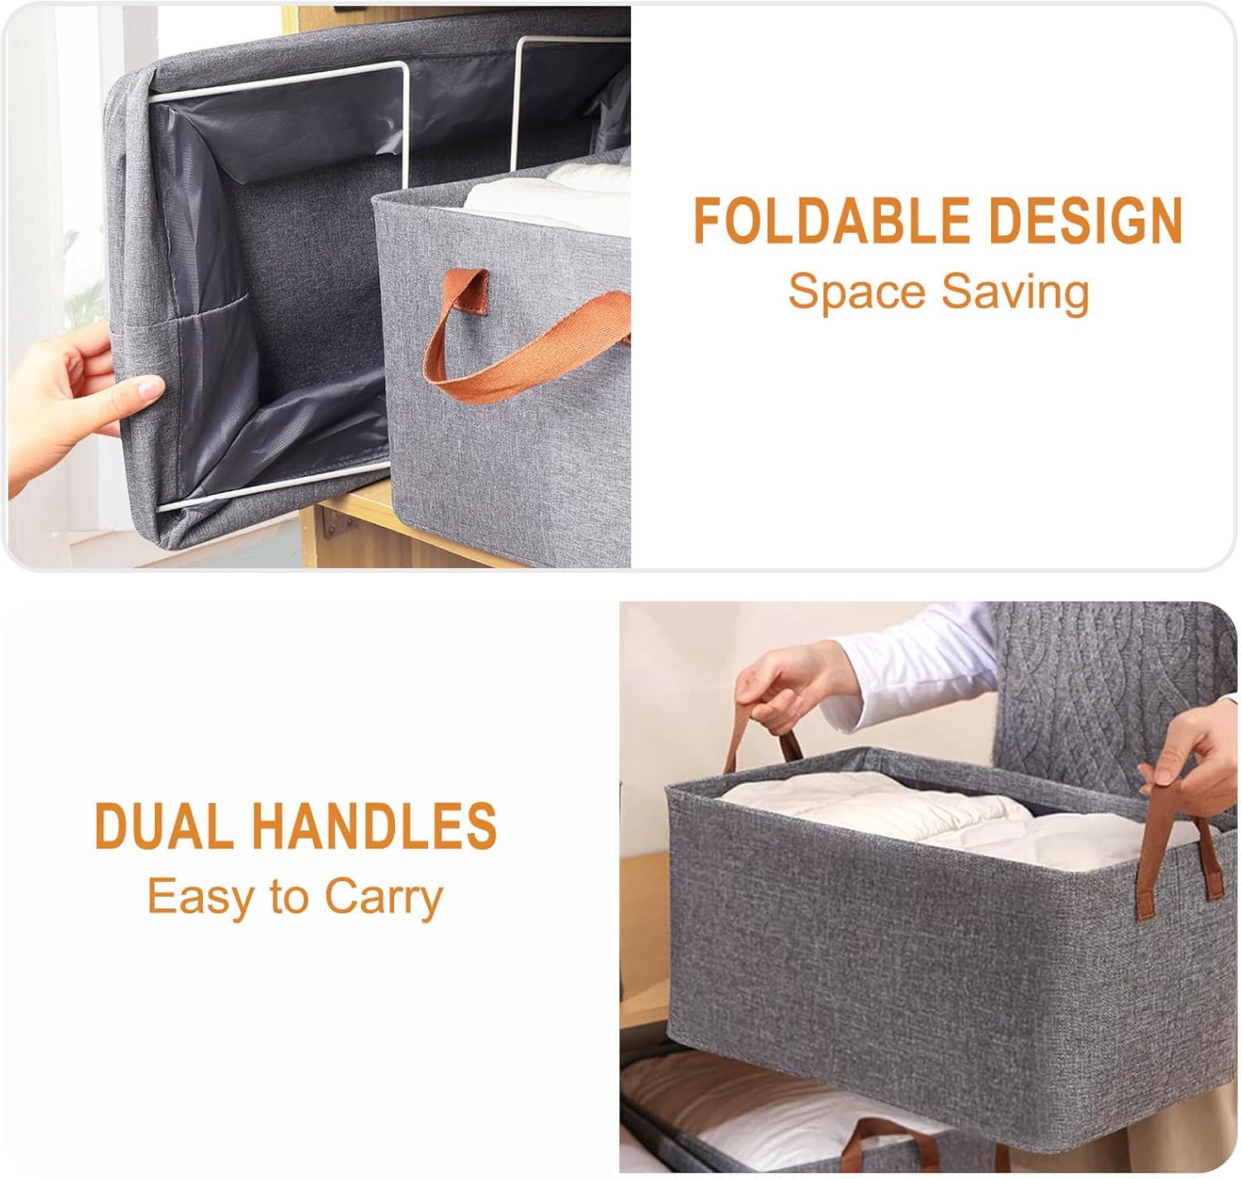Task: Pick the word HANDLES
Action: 374,825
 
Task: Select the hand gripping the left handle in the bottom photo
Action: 797,682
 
